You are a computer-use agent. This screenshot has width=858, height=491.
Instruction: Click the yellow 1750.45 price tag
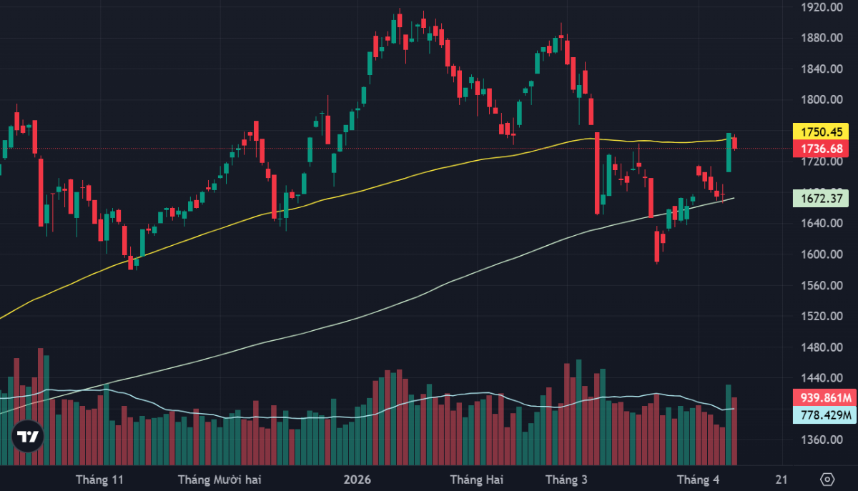[x=820, y=132]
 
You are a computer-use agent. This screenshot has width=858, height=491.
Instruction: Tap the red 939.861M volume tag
[x=824, y=398]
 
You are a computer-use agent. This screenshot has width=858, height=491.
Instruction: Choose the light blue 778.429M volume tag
[x=824, y=415]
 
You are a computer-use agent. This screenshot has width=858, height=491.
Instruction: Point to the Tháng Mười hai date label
[x=220, y=479]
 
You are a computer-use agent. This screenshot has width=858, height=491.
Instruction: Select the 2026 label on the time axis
[x=357, y=479]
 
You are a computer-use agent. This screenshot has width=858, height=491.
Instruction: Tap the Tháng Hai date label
[x=477, y=479]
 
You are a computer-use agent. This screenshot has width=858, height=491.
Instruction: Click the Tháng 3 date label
[x=566, y=479]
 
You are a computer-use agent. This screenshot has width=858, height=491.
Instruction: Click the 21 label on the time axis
[x=781, y=479]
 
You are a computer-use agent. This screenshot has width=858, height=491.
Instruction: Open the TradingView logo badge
[x=28, y=435]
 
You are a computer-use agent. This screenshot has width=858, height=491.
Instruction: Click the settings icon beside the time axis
[x=827, y=479]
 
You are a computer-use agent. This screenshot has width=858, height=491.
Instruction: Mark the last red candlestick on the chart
[x=734, y=143]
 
